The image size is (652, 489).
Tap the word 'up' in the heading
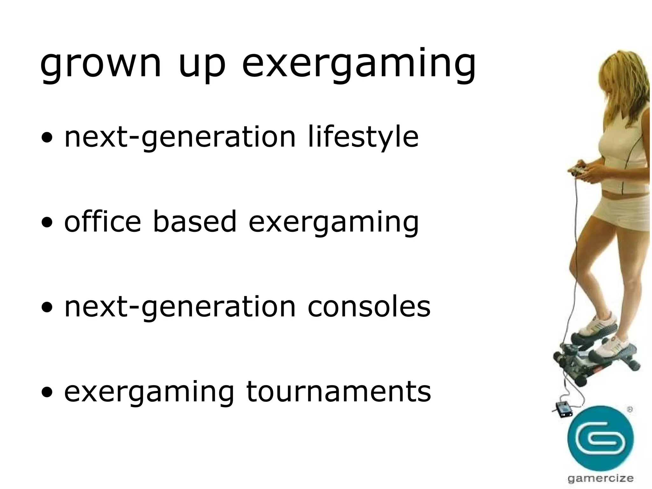202,65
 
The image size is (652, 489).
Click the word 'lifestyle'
363,137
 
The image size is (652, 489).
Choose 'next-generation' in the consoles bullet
180,307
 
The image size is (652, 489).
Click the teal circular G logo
600,438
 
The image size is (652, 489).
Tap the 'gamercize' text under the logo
600,478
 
